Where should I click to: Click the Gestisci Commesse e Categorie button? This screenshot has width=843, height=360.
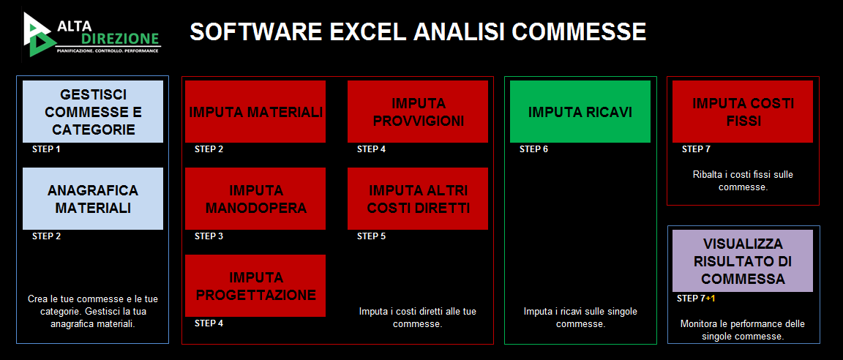tap(93, 112)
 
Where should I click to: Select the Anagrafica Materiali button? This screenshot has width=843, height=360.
tap(93, 199)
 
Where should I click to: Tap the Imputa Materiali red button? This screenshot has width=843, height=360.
tap(255, 112)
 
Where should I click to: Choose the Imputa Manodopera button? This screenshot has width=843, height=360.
tap(255, 199)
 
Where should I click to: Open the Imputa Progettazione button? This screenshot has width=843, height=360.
tap(255, 286)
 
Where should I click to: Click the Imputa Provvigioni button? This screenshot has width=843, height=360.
tap(418, 112)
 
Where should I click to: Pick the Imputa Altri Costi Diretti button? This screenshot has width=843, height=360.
tap(418, 199)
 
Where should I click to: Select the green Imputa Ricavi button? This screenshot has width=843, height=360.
tap(580, 112)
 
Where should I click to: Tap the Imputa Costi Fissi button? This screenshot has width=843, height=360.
tap(743, 112)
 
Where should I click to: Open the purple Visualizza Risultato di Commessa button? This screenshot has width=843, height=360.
tap(743, 261)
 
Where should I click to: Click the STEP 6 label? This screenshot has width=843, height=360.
tap(534, 149)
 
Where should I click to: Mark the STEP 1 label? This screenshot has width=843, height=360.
tap(46, 149)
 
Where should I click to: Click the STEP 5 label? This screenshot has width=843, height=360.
tap(372, 236)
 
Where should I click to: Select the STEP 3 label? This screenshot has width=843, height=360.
tap(209, 236)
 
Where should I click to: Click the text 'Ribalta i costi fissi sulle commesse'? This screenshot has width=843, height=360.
tap(743, 181)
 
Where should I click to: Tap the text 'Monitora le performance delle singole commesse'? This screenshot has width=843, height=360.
tap(743, 331)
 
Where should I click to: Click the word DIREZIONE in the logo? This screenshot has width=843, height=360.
tap(120, 39)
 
